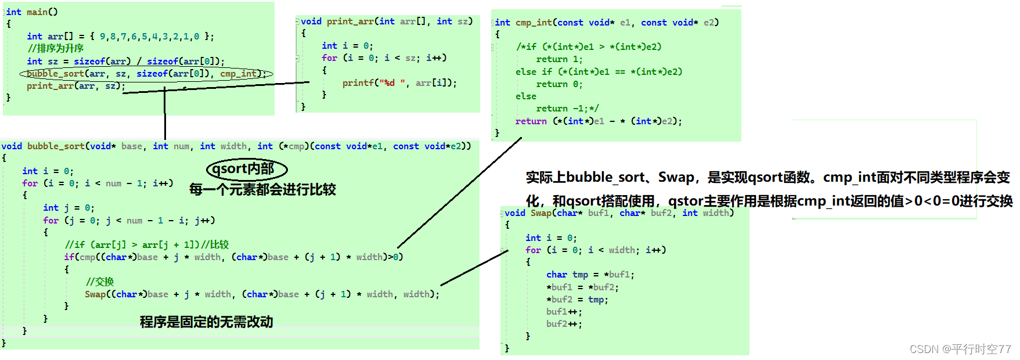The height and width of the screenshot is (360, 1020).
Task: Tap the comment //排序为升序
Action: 56,48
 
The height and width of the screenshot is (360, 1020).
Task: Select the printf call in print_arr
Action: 399,83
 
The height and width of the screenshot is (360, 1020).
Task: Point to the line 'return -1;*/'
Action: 567,109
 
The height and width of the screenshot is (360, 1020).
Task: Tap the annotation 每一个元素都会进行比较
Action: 262,189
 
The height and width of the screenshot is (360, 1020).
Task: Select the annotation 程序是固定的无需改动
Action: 206,322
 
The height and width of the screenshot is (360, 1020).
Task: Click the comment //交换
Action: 100,282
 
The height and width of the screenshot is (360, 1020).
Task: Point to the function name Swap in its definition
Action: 540,213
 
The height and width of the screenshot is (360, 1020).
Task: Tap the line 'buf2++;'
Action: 564,324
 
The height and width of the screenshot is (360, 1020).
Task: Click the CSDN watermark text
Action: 960,349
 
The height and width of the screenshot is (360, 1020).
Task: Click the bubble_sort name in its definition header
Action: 56,146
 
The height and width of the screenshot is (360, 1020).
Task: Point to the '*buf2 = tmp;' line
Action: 577,300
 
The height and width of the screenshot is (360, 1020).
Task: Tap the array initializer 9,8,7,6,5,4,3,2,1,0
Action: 149,37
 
